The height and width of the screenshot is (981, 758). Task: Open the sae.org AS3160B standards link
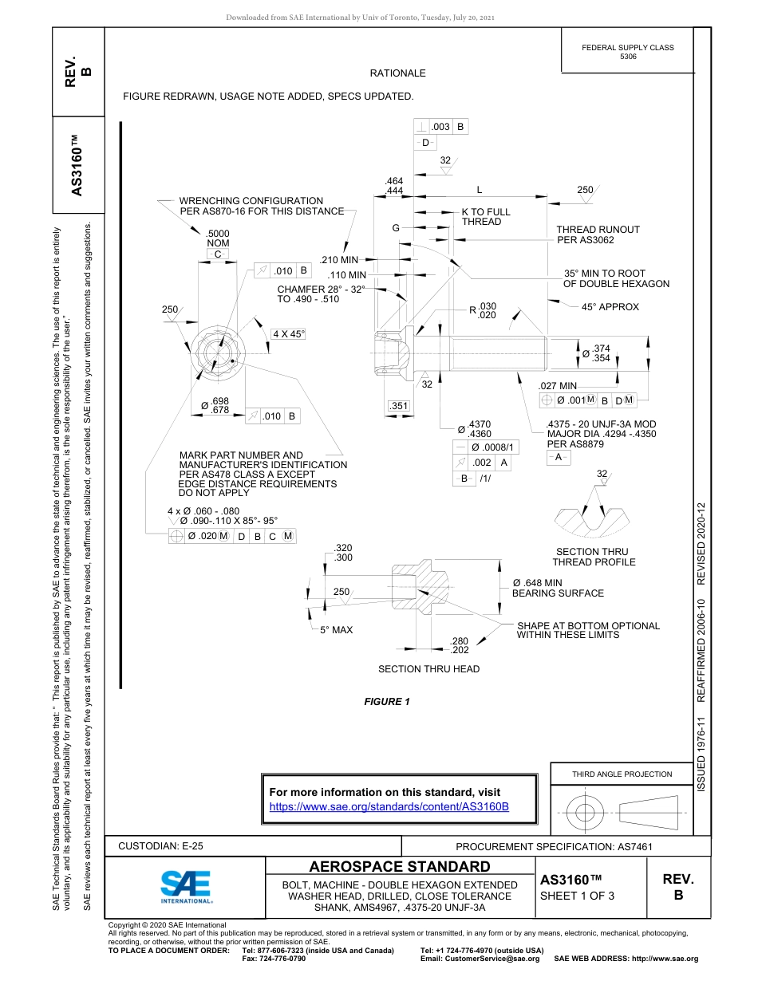(x=389, y=806)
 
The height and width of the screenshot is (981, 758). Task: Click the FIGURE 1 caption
(x=386, y=702)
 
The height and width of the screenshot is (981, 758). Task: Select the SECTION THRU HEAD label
(x=428, y=669)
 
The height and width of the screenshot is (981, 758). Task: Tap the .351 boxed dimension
(x=399, y=406)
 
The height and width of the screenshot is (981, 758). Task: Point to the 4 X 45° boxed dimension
(x=289, y=334)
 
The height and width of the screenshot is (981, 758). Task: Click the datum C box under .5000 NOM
(x=217, y=254)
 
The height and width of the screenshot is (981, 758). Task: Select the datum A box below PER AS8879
(x=559, y=457)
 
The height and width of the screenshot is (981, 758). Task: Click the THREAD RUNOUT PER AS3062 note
(x=598, y=234)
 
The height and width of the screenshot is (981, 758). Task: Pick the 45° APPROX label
(x=610, y=306)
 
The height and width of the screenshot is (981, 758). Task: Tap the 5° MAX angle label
(x=336, y=630)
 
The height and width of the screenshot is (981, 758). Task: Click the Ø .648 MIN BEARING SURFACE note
(x=558, y=588)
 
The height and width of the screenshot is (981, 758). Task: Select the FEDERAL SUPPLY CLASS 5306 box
(x=627, y=52)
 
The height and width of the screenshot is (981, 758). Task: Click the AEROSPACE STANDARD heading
(x=400, y=867)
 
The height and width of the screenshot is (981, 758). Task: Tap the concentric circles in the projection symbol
(x=585, y=812)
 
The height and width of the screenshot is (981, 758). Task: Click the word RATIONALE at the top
(x=397, y=73)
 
